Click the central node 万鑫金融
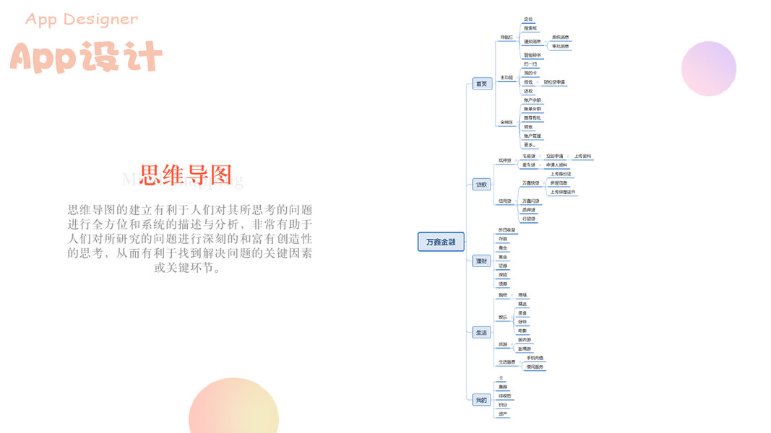(441, 242)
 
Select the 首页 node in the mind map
(481, 84)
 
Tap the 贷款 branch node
(481, 184)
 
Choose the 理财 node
(481, 261)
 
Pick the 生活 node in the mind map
(481, 332)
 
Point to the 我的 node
(481, 399)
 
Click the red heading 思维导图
(186, 175)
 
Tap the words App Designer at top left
(82, 19)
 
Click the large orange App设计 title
(86, 57)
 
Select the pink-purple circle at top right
(708, 69)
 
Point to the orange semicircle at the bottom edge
(233, 408)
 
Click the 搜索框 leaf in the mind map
(530, 28)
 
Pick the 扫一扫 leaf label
(530, 64)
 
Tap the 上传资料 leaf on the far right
(582, 156)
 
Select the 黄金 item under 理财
(503, 248)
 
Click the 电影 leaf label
(522, 331)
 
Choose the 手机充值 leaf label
(535, 358)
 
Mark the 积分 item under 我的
(502, 405)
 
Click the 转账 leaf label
(528, 127)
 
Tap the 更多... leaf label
(528, 145)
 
